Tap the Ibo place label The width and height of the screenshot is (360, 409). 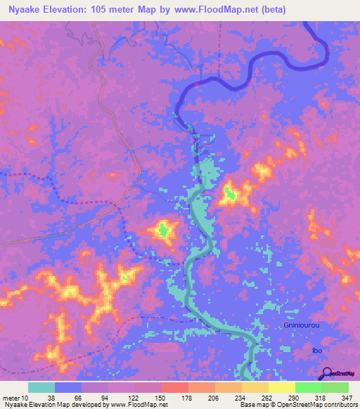pos(316,350)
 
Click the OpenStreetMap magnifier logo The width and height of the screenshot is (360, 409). pos(327,375)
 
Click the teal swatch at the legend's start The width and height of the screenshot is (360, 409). pos(41,387)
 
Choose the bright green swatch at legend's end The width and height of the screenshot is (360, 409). pos(335,387)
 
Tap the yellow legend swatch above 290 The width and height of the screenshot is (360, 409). pos(282,387)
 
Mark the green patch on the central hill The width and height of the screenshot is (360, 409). pos(163,229)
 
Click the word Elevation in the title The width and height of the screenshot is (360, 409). pos(72,9)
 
